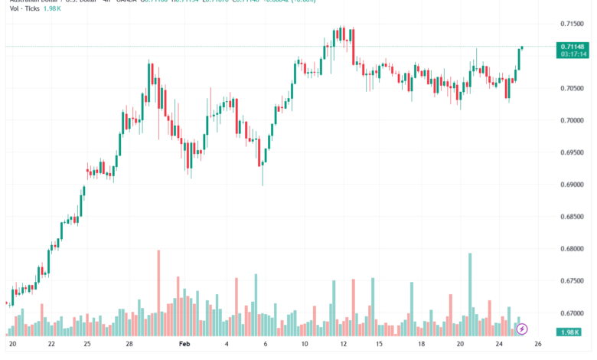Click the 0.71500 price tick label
[x=572, y=24]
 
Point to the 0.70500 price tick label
[x=572, y=88]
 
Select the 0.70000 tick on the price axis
[x=572, y=120]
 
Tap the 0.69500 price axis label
[x=572, y=152]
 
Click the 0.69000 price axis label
[x=572, y=185]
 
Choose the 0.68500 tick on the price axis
[x=572, y=217]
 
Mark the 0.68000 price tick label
[x=572, y=249]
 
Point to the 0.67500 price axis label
[x=572, y=281]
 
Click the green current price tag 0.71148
[x=573, y=47]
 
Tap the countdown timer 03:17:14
[x=573, y=54]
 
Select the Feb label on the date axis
[x=184, y=345]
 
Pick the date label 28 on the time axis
[x=129, y=345]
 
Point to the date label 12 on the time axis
[x=344, y=345]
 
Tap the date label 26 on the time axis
[x=538, y=345]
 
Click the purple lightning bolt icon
[x=522, y=329]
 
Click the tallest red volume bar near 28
[x=158, y=291]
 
